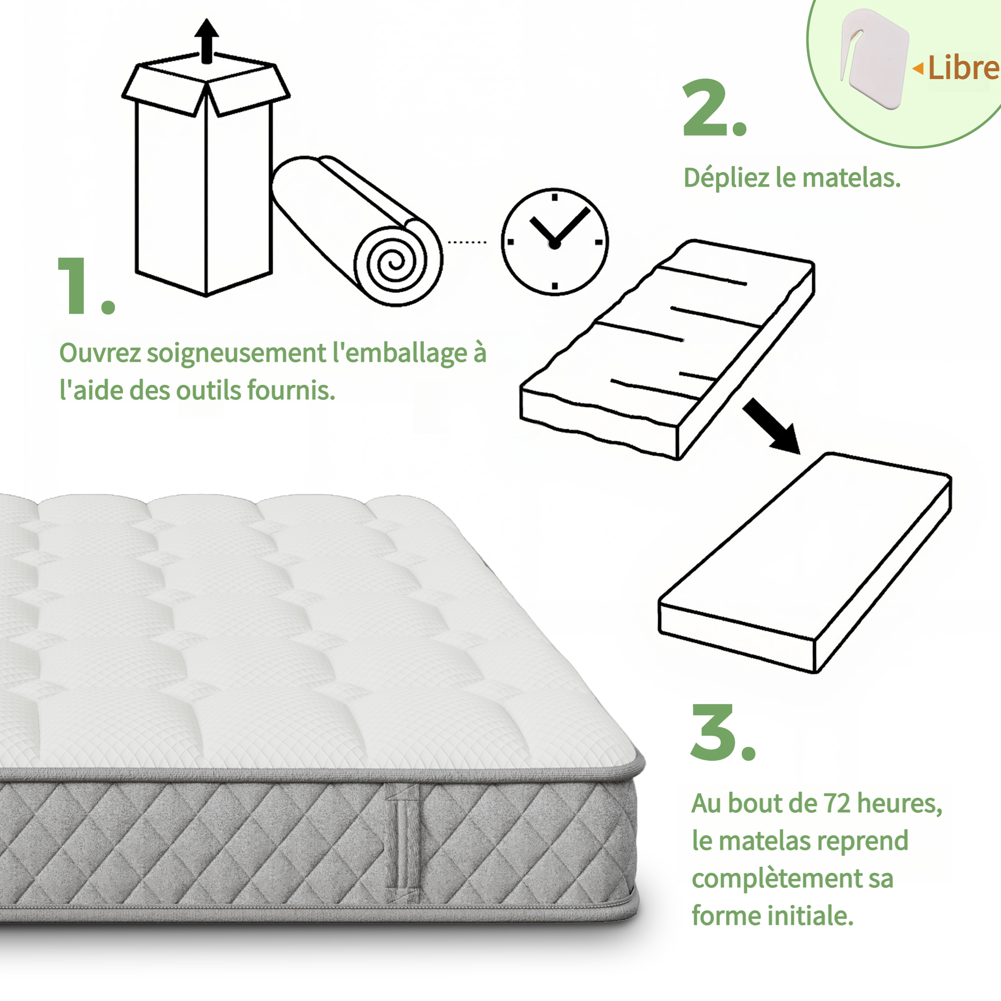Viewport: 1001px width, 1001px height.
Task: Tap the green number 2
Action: click(x=715, y=108)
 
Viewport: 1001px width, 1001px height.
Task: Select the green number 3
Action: click(x=722, y=733)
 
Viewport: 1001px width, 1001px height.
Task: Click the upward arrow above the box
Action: click(x=207, y=41)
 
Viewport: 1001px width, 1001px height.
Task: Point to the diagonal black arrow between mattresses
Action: click(x=772, y=426)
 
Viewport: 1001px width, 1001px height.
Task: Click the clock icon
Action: click(x=555, y=242)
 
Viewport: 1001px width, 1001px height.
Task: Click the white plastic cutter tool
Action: click(x=874, y=58)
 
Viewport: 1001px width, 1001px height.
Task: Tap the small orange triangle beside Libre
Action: click(x=917, y=69)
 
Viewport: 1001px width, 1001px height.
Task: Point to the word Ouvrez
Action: click(x=100, y=353)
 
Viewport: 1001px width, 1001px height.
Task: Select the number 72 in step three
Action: click(x=838, y=803)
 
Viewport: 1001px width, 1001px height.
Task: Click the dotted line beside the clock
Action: click(x=467, y=242)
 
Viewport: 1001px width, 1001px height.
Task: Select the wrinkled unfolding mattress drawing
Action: click(x=667, y=350)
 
